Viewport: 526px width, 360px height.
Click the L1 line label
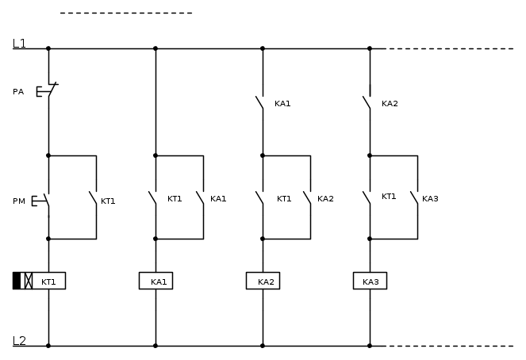[19, 44]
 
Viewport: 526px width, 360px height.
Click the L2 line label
[19, 341]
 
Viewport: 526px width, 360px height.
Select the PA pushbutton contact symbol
[47, 91]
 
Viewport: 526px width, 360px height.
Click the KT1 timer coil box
[49, 281]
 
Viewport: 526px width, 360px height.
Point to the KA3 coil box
[370, 281]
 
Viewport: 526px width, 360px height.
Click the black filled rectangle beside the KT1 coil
[17, 281]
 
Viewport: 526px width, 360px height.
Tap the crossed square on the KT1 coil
[29, 281]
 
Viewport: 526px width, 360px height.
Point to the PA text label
[18, 92]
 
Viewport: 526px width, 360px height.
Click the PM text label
[18, 201]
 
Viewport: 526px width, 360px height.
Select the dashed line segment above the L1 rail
[126, 13]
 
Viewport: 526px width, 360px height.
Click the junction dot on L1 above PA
[48, 48]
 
